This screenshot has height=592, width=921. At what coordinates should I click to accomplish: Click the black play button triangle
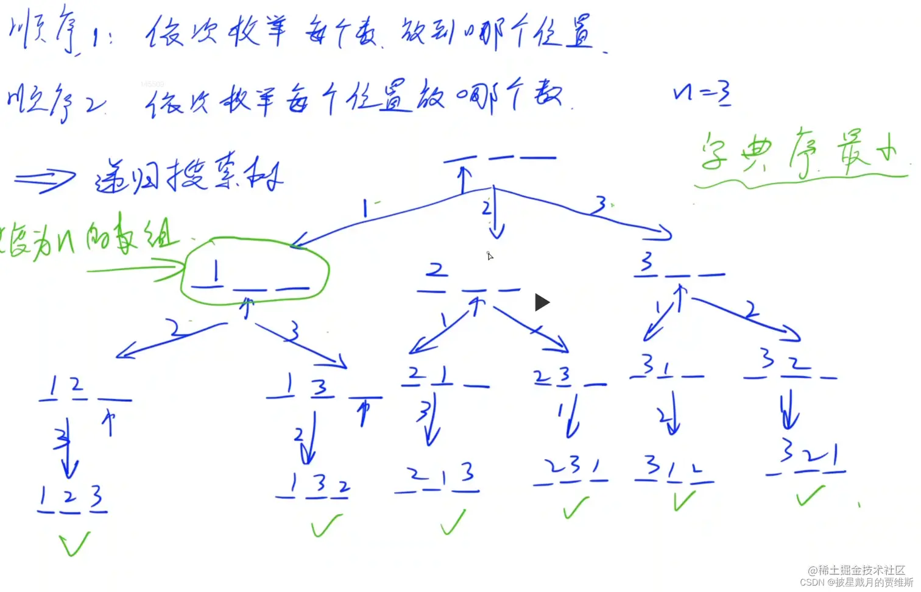tap(542, 302)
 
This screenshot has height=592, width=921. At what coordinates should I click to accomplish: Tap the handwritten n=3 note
tap(701, 95)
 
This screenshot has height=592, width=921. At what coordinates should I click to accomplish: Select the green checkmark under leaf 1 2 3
tap(74, 543)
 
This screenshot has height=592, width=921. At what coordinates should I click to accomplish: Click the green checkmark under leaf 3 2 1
tap(810, 496)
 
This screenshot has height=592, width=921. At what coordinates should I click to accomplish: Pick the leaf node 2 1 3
tap(437, 479)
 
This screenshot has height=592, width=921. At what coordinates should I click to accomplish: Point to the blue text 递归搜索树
tap(189, 176)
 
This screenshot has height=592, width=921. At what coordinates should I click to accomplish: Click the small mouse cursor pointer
tap(490, 255)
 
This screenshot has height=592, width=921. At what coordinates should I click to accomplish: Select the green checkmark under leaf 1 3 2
tap(326, 524)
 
